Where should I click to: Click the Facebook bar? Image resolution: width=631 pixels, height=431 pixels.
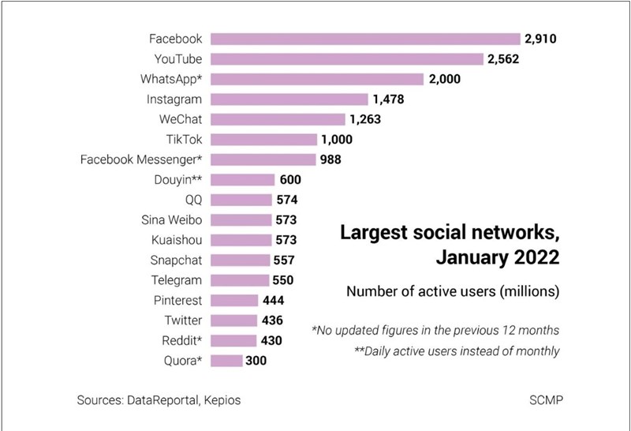(x=365, y=39)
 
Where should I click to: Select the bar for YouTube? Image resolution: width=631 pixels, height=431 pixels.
(x=346, y=58)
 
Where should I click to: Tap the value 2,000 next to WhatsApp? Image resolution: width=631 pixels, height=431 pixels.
(x=445, y=79)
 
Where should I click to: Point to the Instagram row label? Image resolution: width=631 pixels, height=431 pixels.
(x=174, y=99)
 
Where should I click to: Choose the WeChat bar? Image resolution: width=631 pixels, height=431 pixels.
(x=278, y=119)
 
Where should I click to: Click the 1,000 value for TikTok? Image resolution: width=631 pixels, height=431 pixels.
(x=336, y=140)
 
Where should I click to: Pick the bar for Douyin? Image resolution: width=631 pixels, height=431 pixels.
(x=242, y=180)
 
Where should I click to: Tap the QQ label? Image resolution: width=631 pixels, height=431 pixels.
(x=192, y=200)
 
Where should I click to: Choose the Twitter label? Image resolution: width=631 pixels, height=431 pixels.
(x=183, y=320)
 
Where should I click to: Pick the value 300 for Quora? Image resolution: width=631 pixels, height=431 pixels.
(x=256, y=361)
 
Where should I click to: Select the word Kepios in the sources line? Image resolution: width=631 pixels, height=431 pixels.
(x=221, y=400)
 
